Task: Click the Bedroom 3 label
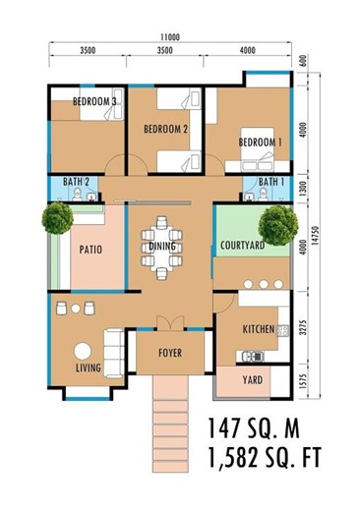(x=94, y=102)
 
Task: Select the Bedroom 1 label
(x=260, y=142)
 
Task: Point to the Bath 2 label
(x=77, y=183)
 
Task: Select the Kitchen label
(x=258, y=330)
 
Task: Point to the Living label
(x=89, y=369)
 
